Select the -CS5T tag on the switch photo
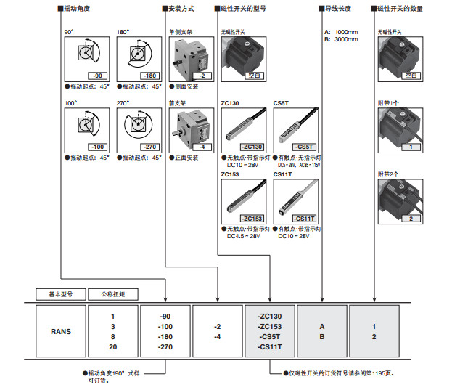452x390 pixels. pyautogui.click(x=305, y=147)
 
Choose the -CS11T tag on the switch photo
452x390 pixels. pyautogui.click(x=305, y=219)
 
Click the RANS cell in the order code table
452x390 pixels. pyautogui.click(x=61, y=331)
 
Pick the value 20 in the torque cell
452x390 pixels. pyautogui.click(x=113, y=347)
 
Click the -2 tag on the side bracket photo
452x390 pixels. pyautogui.click(x=204, y=76)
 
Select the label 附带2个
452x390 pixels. pyautogui.click(x=389, y=174)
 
